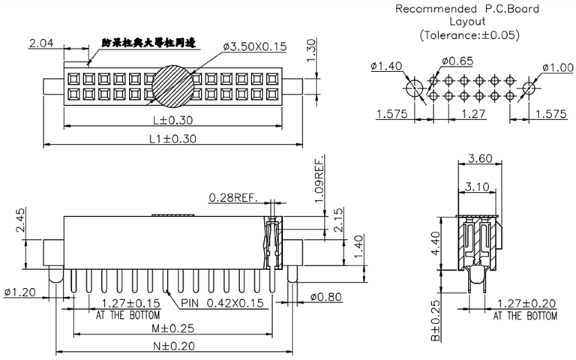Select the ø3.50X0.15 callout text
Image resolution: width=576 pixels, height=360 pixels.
coord(255,46)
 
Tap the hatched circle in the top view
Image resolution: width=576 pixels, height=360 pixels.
coord(172,86)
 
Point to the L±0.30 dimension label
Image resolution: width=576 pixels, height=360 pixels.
coord(172,120)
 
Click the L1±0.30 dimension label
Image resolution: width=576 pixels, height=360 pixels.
coord(172,138)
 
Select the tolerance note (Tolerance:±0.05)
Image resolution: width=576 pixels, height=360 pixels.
coord(469,34)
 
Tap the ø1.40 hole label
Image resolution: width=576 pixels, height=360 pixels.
coord(385,66)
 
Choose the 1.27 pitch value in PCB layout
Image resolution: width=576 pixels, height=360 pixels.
coord(473,114)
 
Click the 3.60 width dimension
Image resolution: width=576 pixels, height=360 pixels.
coord(478,159)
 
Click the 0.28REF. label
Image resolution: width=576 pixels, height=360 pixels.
coord(233,198)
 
